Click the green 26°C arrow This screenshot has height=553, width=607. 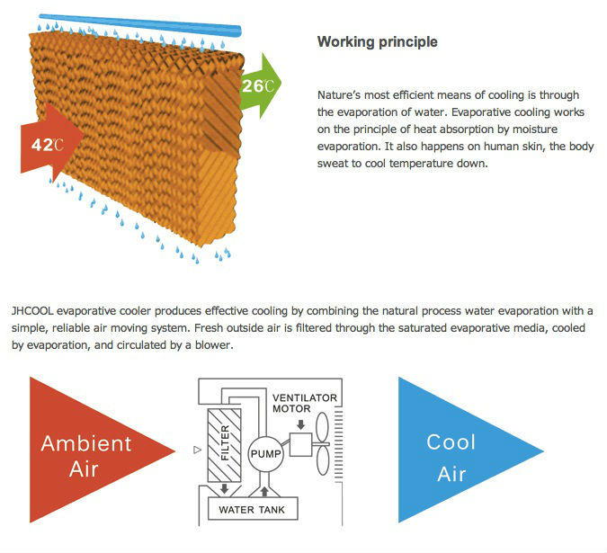(260, 85)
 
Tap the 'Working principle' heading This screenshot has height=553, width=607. (378, 42)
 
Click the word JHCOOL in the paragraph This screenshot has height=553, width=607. (33, 310)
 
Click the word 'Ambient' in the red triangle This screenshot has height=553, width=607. (85, 442)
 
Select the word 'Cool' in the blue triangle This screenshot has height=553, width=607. (451, 442)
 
